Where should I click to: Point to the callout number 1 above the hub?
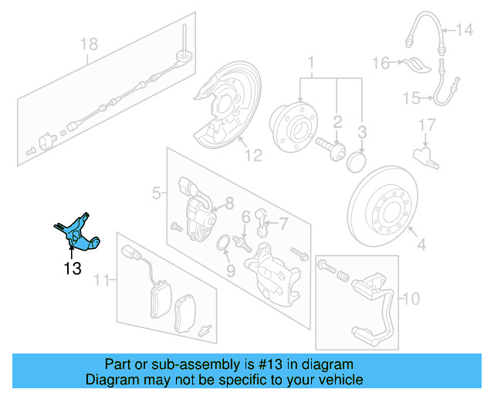point(312,61)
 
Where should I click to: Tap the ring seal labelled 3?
point(356,162)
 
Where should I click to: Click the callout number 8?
point(228,204)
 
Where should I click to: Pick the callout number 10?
point(411,297)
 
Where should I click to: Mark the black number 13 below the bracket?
point(72,268)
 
